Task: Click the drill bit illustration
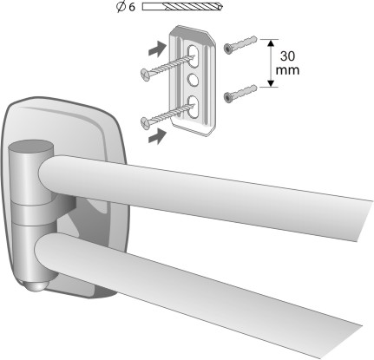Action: tap(182, 7)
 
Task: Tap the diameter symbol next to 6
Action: tap(121, 7)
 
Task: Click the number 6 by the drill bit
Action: tap(132, 7)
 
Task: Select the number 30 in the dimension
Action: tap(287, 56)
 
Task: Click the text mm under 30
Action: tap(287, 70)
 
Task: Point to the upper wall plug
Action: tap(240, 45)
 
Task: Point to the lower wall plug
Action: tap(240, 94)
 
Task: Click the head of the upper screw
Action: tap(145, 74)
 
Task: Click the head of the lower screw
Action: tap(145, 122)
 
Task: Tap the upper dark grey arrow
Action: tap(158, 49)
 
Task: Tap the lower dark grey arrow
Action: tap(158, 136)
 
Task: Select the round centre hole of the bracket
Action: tap(194, 79)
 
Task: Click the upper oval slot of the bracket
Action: tap(194, 56)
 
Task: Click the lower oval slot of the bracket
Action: tap(194, 108)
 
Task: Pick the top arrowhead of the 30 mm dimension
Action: tap(271, 43)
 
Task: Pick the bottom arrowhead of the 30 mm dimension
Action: tap(271, 83)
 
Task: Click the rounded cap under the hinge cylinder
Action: tap(36, 287)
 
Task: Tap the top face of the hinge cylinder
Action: tap(30, 146)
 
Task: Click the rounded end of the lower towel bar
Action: tap(44, 248)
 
